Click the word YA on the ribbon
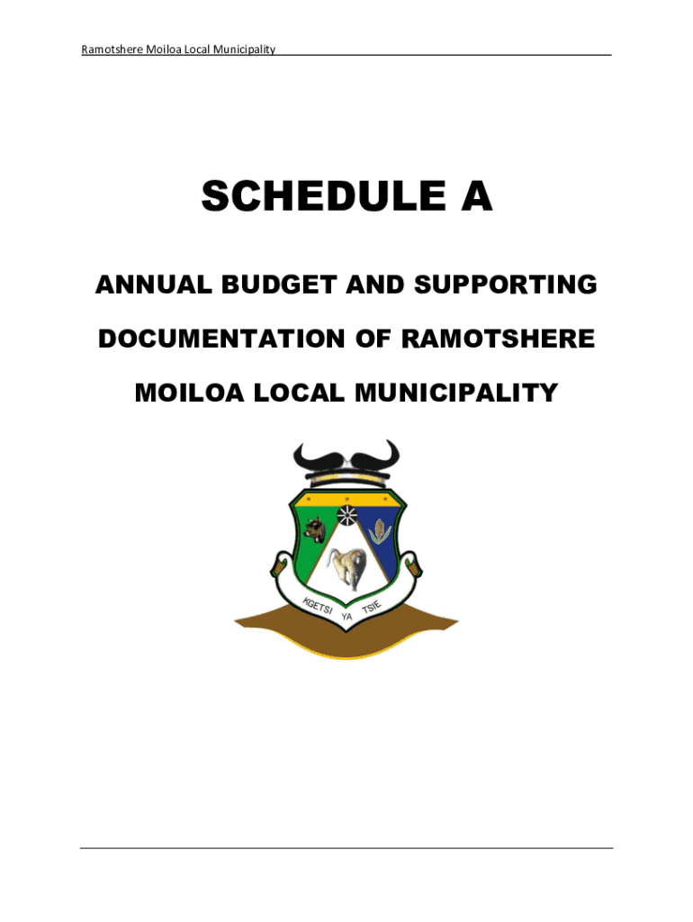tap(346, 617)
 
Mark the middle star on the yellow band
tap(346, 497)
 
